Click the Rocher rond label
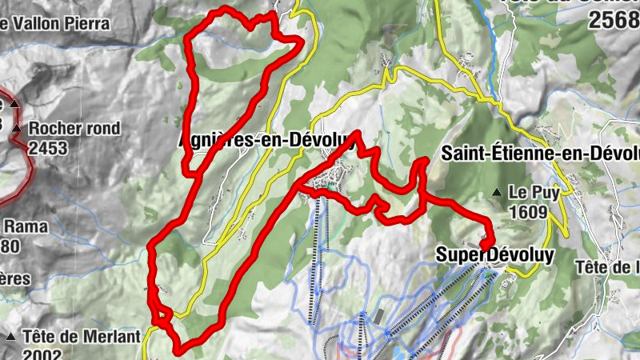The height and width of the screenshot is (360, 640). [75, 128]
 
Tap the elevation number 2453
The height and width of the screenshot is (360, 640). [49, 148]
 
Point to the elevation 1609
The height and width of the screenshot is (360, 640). [527, 212]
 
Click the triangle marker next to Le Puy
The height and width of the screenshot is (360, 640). [498, 192]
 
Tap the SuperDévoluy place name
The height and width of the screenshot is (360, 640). [494, 254]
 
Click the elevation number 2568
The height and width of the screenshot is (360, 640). [614, 22]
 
